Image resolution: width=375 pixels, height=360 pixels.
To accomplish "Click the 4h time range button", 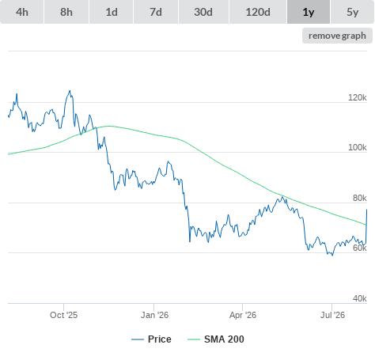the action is [22, 12].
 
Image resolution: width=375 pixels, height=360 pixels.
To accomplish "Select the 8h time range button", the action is [66, 12].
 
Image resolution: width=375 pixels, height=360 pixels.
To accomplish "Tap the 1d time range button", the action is [112, 12].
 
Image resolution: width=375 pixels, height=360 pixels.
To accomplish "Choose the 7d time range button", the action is [156, 12].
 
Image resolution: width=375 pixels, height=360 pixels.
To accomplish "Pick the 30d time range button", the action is [203, 12].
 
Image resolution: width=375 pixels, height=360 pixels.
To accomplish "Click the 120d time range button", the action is [258, 12].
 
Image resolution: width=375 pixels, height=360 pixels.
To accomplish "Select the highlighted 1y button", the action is [309, 12].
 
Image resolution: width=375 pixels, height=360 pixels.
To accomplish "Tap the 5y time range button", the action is [353, 12].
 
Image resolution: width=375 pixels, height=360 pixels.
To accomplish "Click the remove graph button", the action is [337, 36].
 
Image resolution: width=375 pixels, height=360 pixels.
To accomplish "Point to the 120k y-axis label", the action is [358, 97].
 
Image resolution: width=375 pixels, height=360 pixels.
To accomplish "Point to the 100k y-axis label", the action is [358, 147].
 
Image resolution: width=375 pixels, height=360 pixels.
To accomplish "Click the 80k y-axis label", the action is [360, 198].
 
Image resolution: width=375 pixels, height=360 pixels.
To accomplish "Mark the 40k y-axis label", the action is [360, 298].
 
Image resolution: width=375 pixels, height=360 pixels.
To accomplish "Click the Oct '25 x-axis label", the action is [64, 315].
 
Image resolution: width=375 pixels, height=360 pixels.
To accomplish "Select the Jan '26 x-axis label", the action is [154, 315].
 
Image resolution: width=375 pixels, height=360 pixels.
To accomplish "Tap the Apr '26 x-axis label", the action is [243, 315].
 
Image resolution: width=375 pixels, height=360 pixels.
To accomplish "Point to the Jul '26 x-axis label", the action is [332, 315].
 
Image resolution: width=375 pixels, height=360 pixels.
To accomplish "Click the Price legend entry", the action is [151, 339].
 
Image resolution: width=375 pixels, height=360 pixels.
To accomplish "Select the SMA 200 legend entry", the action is [216, 339].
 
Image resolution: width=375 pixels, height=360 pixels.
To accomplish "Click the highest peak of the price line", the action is [70, 91].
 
